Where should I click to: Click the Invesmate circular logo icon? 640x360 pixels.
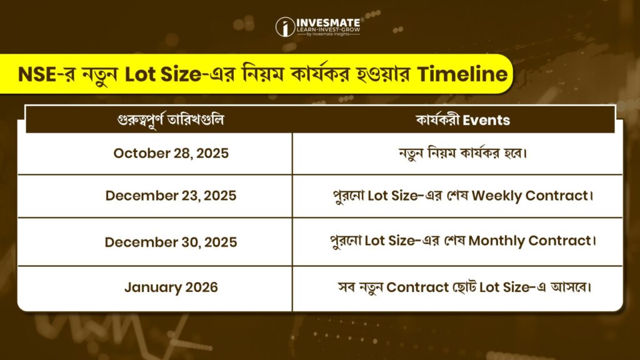pos(285,27)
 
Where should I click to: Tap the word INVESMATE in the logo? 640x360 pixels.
pos(328,23)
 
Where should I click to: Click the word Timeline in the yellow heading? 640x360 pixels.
pos(462,74)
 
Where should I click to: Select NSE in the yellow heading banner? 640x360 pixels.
pos(37,74)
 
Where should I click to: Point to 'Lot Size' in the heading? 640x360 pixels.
pos(163,74)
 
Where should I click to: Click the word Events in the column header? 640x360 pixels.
pos(486,120)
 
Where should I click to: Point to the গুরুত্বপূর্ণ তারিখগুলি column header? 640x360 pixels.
pos(171,120)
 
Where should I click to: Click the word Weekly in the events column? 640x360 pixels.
pos(497,196)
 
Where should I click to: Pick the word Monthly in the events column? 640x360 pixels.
pos(497,241)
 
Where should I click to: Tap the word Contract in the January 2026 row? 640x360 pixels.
pos(417,287)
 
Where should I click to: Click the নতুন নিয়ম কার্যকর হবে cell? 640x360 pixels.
pos(463,153)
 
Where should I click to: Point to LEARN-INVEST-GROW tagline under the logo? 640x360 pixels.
pos(328,30)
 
